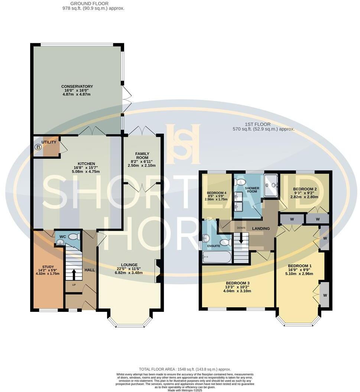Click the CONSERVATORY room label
(x=77, y=86)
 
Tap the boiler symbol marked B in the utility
(x=38, y=147)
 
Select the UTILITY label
(x=49, y=142)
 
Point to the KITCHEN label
(x=86, y=164)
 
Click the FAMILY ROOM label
(x=142, y=156)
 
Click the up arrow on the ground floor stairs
(x=73, y=274)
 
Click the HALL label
(x=90, y=270)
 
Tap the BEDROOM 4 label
(x=216, y=193)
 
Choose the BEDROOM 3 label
(x=237, y=283)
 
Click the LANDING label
(x=261, y=229)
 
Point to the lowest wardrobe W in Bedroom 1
(x=325, y=295)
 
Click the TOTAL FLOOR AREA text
(x=185, y=369)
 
